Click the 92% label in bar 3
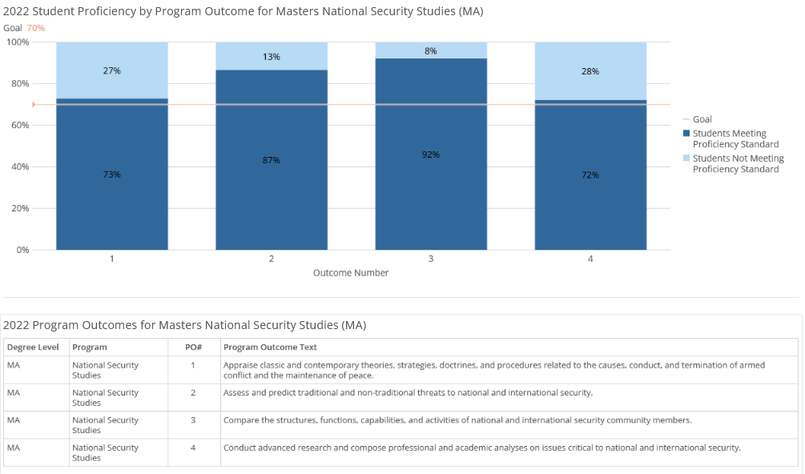point(431,155)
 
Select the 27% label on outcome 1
point(112,70)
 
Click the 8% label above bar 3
point(431,51)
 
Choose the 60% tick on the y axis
point(18,125)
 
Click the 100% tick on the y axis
point(17,42)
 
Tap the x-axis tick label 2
point(272,259)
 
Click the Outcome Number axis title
point(351,273)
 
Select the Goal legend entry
point(702,119)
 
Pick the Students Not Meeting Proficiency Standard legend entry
point(738,163)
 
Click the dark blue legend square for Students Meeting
point(686,134)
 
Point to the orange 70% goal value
point(36,28)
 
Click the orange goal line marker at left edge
point(34,104)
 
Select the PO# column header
point(192,347)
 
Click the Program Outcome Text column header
point(270,347)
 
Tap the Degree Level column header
point(33,347)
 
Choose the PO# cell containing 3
point(192,420)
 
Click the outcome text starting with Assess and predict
point(408,393)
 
